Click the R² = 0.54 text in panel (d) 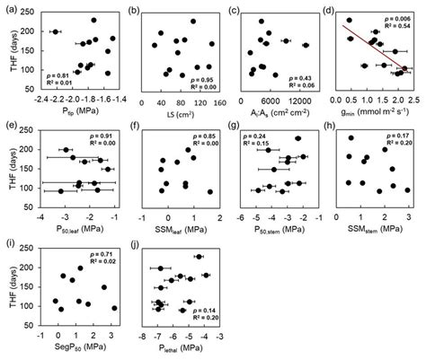tap(388, 29)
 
